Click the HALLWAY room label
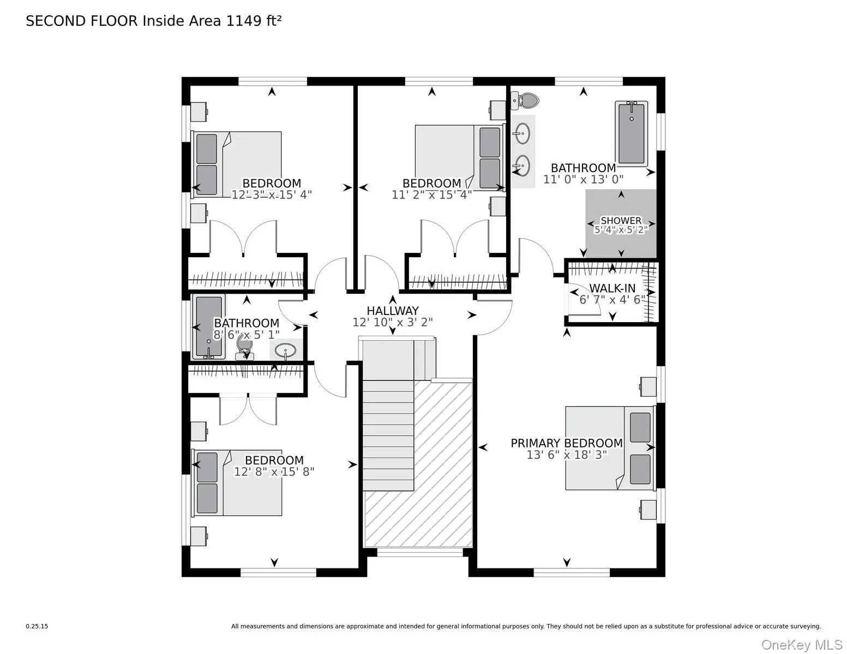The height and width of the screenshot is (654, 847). (393, 311)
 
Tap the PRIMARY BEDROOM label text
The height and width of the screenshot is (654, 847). (566, 443)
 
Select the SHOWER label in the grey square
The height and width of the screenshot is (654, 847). (621, 221)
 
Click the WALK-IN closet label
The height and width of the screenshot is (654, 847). (612, 288)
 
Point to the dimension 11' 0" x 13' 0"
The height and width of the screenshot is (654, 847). (584, 179)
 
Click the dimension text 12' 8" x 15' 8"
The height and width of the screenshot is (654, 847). (274, 472)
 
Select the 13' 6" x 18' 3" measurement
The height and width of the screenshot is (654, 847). (567, 455)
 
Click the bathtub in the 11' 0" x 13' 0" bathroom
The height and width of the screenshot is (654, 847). (632, 134)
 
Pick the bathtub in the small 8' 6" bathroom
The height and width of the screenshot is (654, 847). (208, 327)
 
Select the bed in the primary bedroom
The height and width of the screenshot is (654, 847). (610, 448)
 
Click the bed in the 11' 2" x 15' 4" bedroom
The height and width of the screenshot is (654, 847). (460, 158)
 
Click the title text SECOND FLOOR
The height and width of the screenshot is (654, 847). (82, 21)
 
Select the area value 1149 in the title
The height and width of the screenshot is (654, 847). (244, 21)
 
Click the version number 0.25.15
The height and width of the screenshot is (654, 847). (37, 626)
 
